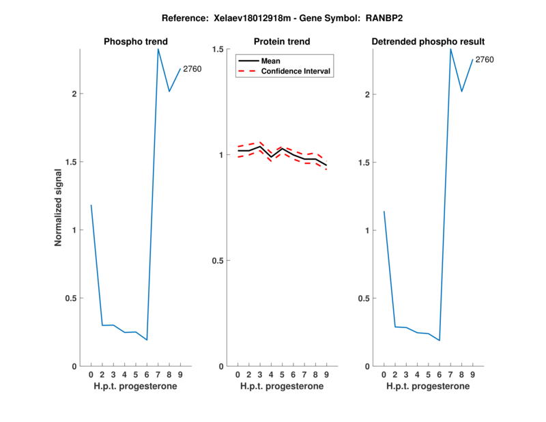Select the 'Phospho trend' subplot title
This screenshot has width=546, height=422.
click(135, 42)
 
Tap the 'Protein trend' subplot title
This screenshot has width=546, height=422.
click(282, 42)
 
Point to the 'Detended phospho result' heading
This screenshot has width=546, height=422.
click(429, 42)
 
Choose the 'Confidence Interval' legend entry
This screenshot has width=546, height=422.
click(296, 71)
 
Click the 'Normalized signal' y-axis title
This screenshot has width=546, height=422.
click(59, 207)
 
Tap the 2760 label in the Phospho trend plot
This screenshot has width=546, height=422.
click(192, 68)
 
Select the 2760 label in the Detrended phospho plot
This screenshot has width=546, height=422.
click(485, 60)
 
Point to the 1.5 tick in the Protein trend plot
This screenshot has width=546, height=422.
click(220, 49)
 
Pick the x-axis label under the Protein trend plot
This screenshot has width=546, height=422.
click(282, 386)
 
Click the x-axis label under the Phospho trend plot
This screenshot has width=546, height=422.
click(135, 386)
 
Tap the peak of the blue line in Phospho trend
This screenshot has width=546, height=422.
click(158, 49)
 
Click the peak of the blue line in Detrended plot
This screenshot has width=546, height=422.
click(450, 49)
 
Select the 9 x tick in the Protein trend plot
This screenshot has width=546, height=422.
click(326, 375)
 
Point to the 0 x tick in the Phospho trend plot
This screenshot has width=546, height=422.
click(91, 375)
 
